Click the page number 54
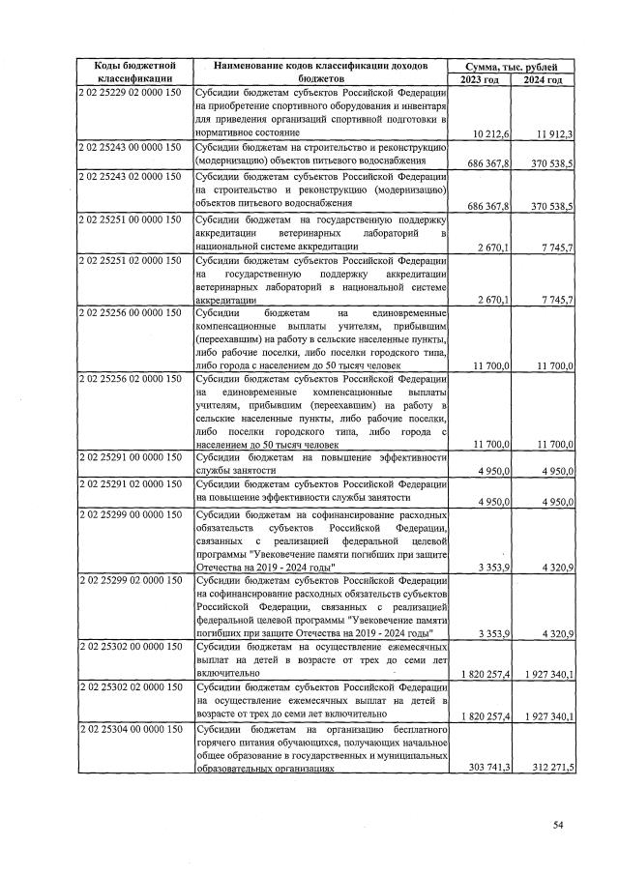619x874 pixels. [x=557, y=825]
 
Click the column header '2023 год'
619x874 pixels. [x=481, y=78]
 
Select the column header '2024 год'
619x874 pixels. [x=543, y=78]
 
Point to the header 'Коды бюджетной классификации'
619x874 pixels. [x=133, y=72]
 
